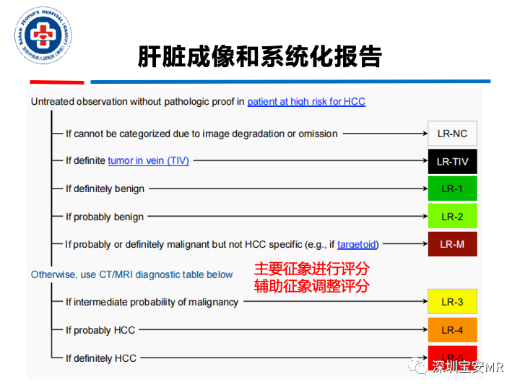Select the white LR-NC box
coord(452,134)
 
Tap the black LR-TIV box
coord(452,161)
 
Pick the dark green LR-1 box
coord(452,188)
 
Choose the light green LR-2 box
coord(452,217)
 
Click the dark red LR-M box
coord(452,244)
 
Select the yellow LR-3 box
coord(452,302)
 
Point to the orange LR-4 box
coord(452,330)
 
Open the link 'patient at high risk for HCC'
coord(306,102)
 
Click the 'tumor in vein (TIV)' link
coord(148,161)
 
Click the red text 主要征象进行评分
coord(311,269)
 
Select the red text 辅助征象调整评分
coord(311,286)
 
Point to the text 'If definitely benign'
coord(105,189)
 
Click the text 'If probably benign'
coord(105,217)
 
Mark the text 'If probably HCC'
coord(100,331)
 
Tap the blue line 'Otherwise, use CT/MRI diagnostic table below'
coord(131,274)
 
